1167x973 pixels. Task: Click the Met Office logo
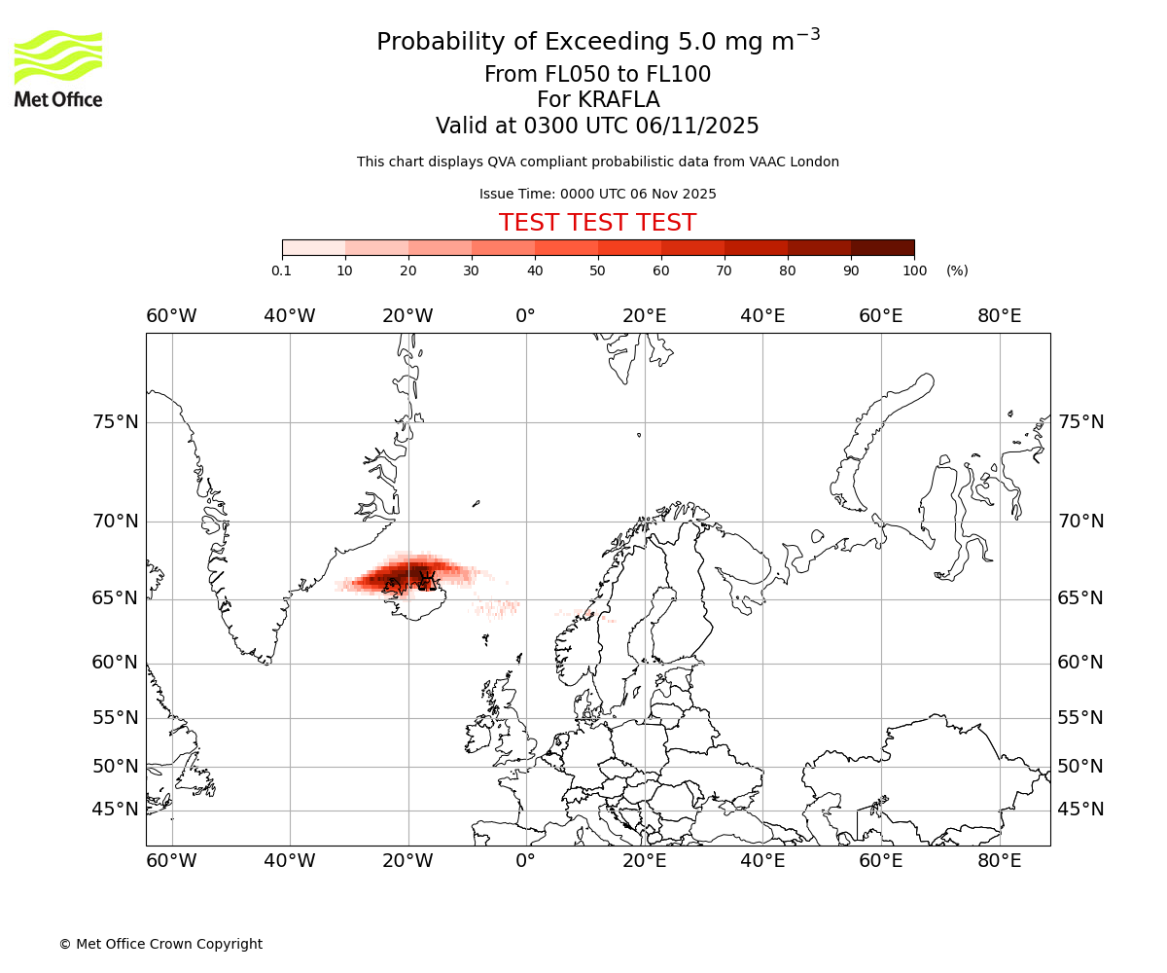[58, 68]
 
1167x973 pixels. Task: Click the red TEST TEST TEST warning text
[597, 223]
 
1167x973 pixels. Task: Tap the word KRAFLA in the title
[619, 100]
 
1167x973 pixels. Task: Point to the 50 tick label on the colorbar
[598, 270]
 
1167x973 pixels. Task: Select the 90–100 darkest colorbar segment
[882, 247]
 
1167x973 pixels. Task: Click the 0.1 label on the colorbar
[282, 270]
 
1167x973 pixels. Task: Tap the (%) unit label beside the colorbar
[957, 270]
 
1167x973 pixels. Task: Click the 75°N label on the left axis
[116, 422]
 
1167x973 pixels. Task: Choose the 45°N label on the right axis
[1080, 810]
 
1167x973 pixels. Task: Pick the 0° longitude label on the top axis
[525, 316]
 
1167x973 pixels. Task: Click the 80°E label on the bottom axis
[999, 861]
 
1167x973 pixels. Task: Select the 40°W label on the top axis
[290, 316]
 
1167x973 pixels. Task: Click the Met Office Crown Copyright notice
[160, 944]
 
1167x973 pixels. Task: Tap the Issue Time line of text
[597, 194]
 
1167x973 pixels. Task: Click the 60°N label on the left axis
[116, 663]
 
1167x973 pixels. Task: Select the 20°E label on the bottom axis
[644, 861]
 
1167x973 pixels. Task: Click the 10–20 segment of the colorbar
[376, 247]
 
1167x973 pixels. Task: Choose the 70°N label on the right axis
[1080, 522]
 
